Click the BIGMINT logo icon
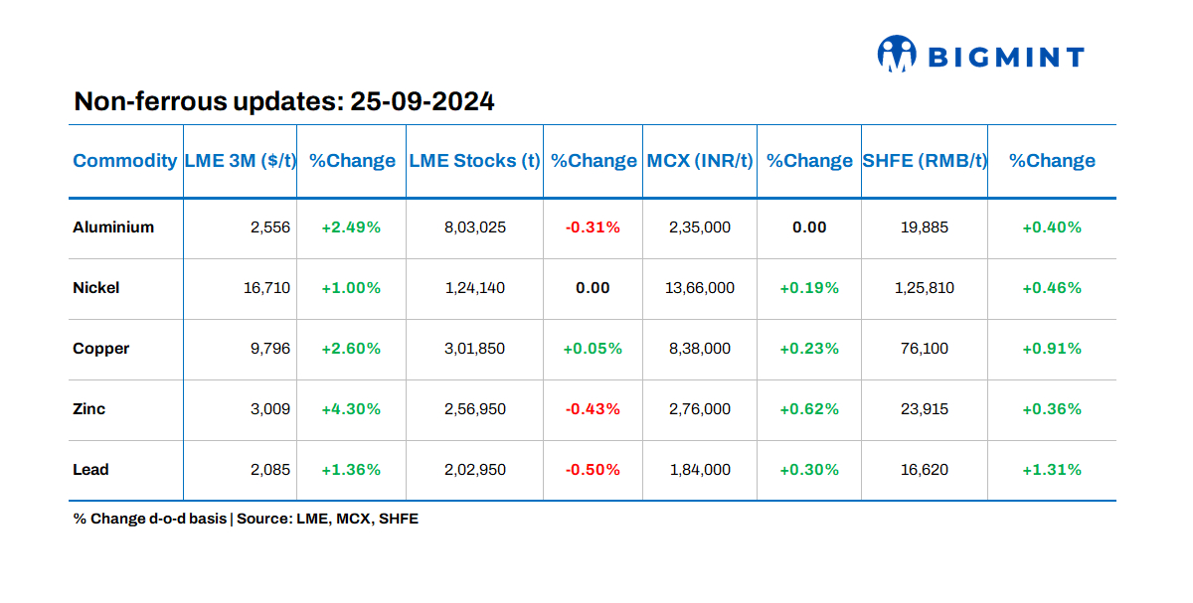pyautogui.click(x=896, y=55)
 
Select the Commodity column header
pyautogui.click(x=124, y=161)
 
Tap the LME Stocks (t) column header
pyautogui.click(x=474, y=161)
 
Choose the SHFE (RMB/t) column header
pyautogui.click(x=925, y=161)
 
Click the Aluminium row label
pyautogui.click(x=113, y=227)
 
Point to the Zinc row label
pyautogui.click(x=89, y=409)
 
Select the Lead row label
pyautogui.click(x=90, y=470)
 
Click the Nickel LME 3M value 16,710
pyautogui.click(x=266, y=288)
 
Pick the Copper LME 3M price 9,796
pyautogui.click(x=271, y=349)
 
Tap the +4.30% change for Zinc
pyautogui.click(x=351, y=409)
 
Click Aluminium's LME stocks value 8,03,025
pyautogui.click(x=474, y=227)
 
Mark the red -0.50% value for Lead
pyautogui.click(x=593, y=470)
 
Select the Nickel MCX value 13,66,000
pyautogui.click(x=700, y=288)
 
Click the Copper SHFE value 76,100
pyautogui.click(x=925, y=349)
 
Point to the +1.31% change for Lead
pyautogui.click(x=1052, y=470)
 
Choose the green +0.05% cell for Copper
pyautogui.click(x=593, y=349)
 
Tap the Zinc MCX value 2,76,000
pyautogui.click(x=700, y=409)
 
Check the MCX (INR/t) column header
pyautogui.click(x=700, y=161)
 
